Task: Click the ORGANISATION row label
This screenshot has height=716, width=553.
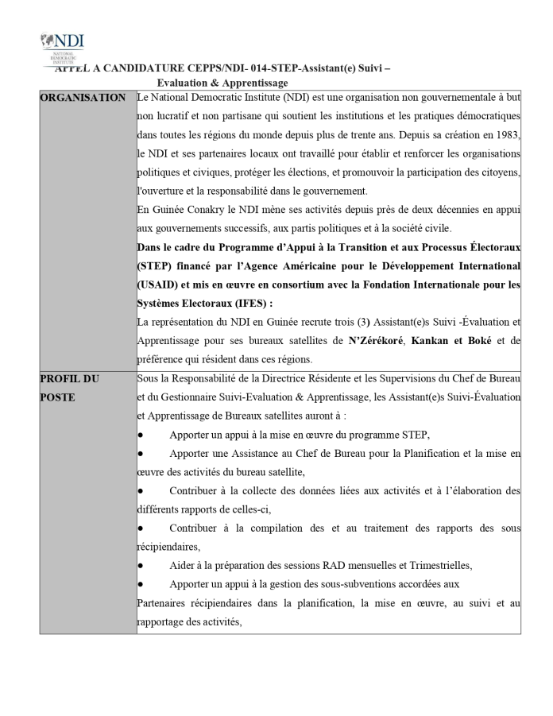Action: (83, 98)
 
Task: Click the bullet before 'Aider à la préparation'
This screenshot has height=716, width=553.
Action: (141, 566)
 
